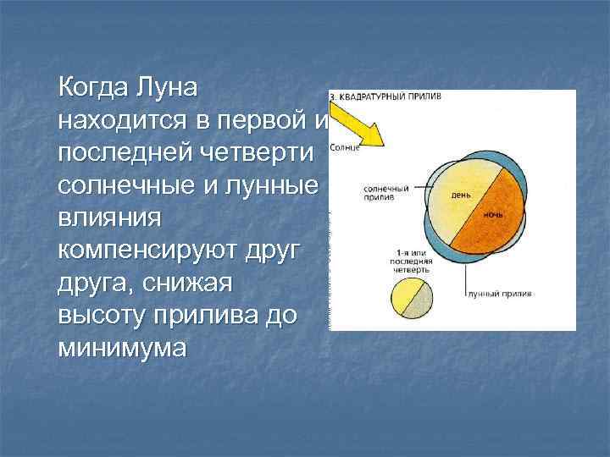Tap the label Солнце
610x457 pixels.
click(345, 148)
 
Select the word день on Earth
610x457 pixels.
click(461, 194)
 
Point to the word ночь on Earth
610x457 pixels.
click(493, 215)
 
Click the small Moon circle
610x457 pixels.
click(411, 300)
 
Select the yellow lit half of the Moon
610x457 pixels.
click(402, 296)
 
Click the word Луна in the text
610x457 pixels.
click(167, 88)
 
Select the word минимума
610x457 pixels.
click(121, 347)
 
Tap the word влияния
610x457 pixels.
click(108, 217)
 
